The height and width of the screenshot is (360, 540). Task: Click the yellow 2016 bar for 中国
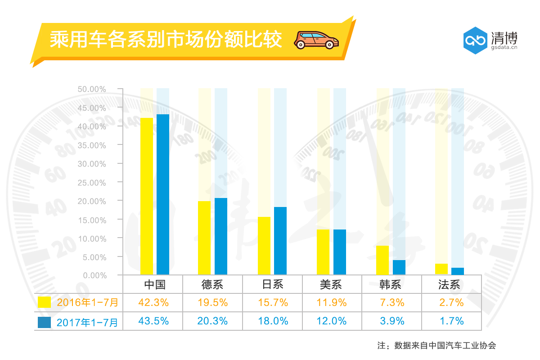(147, 196)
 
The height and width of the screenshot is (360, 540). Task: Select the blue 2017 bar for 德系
(220, 236)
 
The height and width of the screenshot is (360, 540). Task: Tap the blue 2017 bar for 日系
(280, 241)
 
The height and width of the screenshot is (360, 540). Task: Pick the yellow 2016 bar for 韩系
(382, 260)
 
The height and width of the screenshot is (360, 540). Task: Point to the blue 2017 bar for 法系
(457, 271)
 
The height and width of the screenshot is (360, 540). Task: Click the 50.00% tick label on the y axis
(92, 89)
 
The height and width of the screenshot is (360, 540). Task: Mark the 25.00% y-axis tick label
(92, 183)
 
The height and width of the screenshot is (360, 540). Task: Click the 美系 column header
(332, 285)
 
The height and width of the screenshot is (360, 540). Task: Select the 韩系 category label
(391, 285)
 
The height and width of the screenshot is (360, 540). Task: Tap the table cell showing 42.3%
(153, 302)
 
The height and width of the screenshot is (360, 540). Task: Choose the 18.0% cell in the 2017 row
(272, 321)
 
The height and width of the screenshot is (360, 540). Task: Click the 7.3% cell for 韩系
(391, 302)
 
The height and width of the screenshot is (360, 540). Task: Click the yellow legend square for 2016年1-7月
(45, 302)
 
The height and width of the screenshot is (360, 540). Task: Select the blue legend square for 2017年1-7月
(45, 322)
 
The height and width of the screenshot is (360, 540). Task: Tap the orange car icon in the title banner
(316, 40)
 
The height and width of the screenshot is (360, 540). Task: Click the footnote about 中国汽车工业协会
(436, 346)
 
